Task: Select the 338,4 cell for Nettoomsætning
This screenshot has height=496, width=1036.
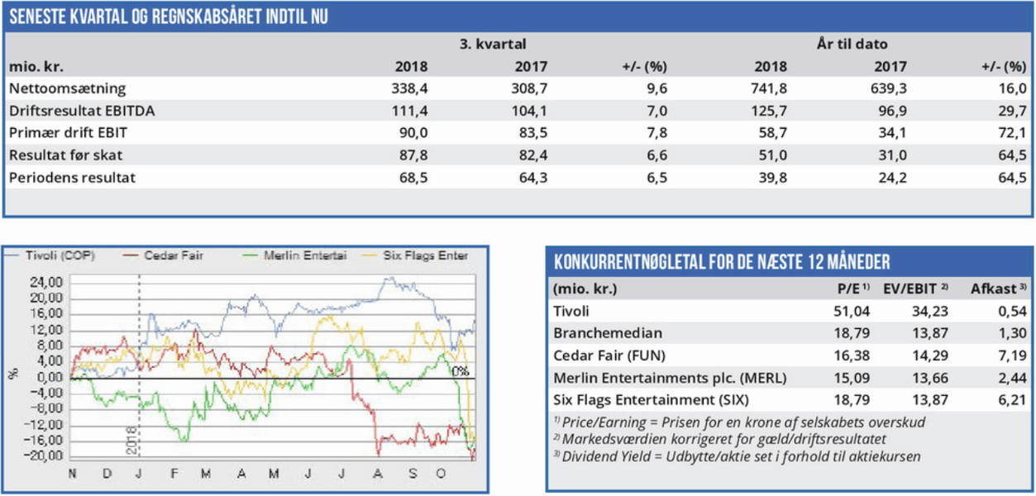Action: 412,88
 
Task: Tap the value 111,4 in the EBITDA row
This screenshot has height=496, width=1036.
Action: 412,110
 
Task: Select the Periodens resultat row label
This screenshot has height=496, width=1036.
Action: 72,177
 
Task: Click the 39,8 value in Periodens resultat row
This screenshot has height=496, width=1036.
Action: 771,177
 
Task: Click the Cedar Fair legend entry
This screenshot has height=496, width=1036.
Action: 174,255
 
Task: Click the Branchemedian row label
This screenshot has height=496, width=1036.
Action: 607,333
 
